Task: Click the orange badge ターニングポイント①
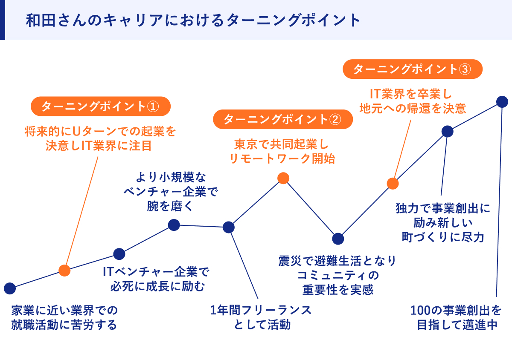pyautogui.click(x=100, y=107)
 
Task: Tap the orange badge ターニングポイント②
pyautogui.click(x=283, y=119)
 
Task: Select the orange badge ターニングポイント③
pyautogui.click(x=413, y=69)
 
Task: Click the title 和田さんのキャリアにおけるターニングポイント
pyautogui.click(x=194, y=20)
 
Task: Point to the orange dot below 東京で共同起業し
pyautogui.click(x=283, y=178)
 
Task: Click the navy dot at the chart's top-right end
pyautogui.click(x=502, y=102)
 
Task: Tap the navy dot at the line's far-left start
pyautogui.click(x=9, y=288)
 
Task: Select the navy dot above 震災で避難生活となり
pyautogui.click(x=338, y=239)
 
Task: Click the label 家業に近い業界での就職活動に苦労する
pyautogui.click(x=64, y=317)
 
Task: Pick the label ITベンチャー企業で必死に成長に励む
pyautogui.click(x=157, y=279)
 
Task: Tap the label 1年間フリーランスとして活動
pyautogui.click(x=261, y=317)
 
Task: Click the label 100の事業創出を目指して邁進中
pyautogui.click(x=457, y=317)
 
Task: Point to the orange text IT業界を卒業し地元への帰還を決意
pyautogui.click(x=413, y=101)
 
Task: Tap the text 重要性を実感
pyautogui.click(x=338, y=289)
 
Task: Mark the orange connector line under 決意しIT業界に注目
pyautogui.click(x=81, y=213)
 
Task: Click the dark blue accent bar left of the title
pyautogui.click(x=2, y=20)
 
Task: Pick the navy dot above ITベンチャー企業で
pyautogui.click(x=119, y=254)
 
